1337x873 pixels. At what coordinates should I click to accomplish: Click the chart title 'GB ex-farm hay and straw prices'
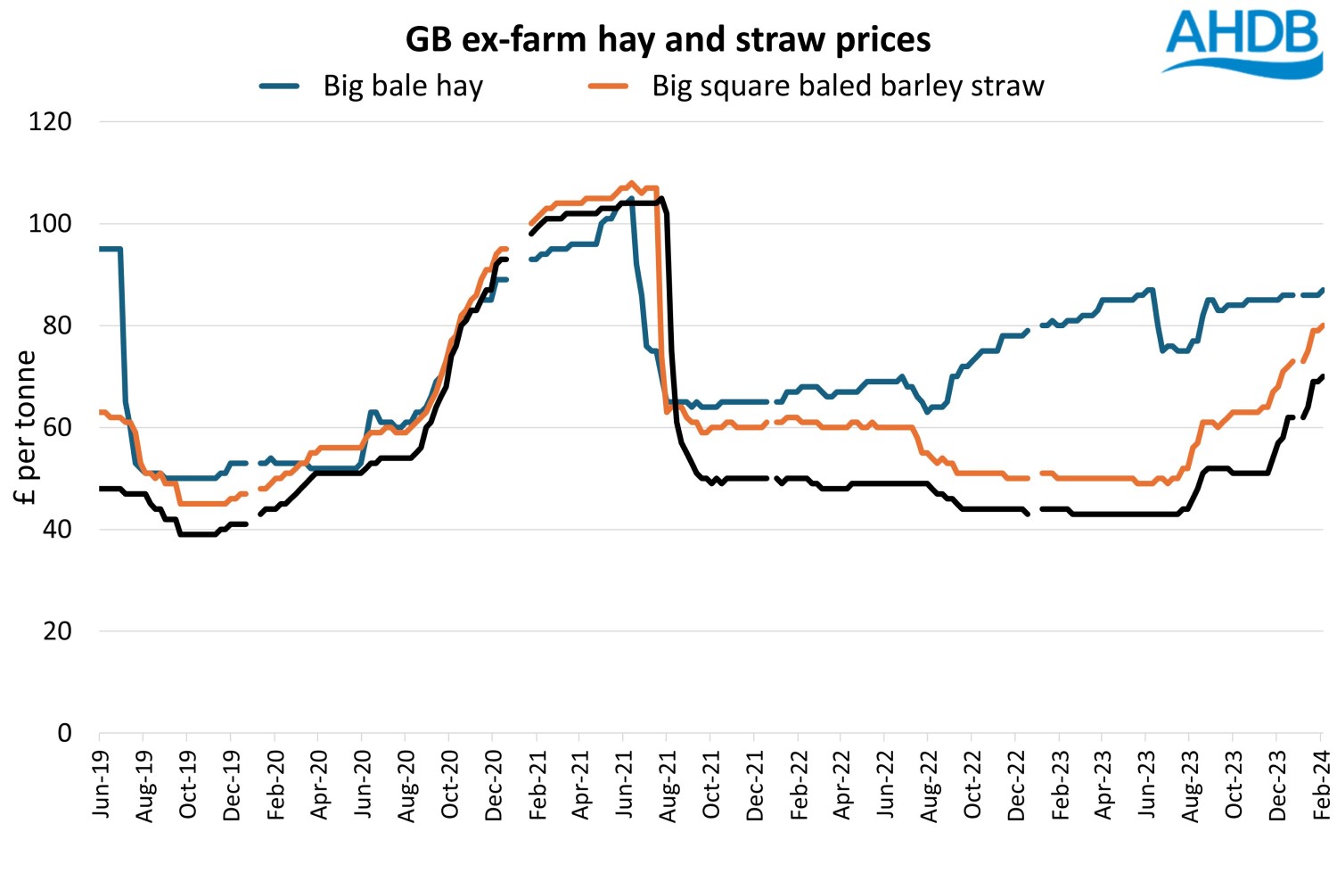pyautogui.click(x=668, y=39)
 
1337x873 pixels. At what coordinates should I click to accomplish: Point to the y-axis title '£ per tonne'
pyautogui.click(x=26, y=427)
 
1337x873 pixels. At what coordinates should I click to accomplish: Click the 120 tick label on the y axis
pyautogui.click(x=50, y=121)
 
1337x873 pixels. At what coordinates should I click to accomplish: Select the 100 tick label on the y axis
pyautogui.click(x=50, y=224)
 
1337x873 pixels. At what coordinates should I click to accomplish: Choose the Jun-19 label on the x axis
pyautogui.click(x=101, y=784)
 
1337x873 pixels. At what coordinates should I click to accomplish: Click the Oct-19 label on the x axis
pyautogui.click(x=188, y=784)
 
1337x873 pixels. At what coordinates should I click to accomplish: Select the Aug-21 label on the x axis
pyautogui.click(x=668, y=784)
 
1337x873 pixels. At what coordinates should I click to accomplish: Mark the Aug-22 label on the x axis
pyautogui.click(x=930, y=784)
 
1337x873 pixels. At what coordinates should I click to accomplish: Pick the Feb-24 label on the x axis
pyautogui.click(x=1322, y=784)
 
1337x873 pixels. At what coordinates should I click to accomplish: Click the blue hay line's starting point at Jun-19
pyautogui.click(x=100, y=249)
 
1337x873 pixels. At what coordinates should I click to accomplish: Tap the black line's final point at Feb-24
pyautogui.click(x=1322, y=376)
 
